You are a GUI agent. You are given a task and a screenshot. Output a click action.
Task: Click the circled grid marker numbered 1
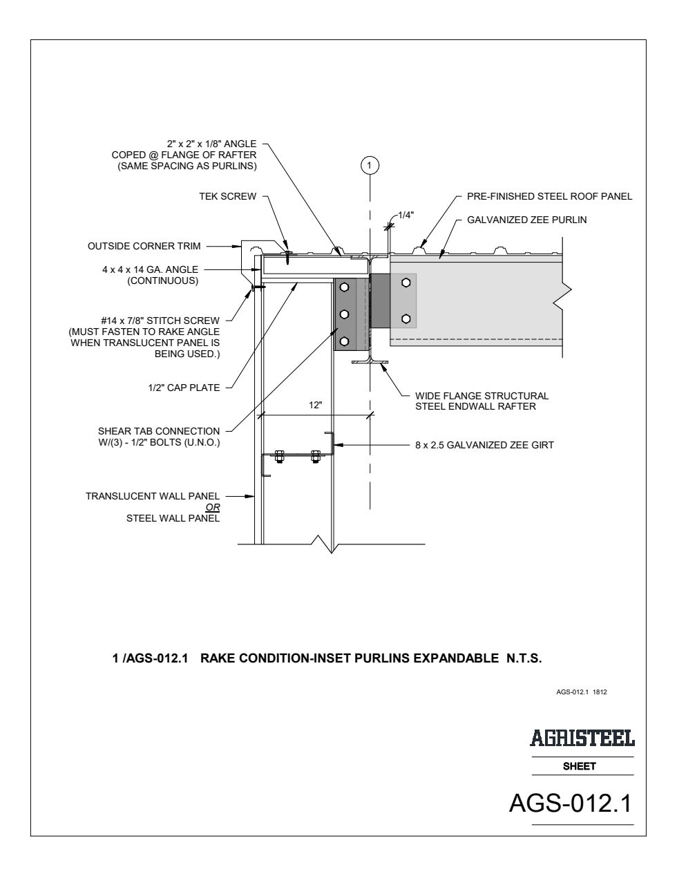click(x=370, y=165)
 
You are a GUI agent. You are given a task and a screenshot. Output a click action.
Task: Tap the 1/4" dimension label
click(x=406, y=215)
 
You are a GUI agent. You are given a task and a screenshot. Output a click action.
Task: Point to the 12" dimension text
click(x=316, y=405)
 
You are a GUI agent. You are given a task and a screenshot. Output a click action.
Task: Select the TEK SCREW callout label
click(x=228, y=196)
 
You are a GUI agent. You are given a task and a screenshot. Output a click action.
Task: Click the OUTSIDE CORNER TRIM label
click(x=144, y=246)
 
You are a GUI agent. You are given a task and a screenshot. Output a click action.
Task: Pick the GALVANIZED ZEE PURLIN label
click(x=526, y=220)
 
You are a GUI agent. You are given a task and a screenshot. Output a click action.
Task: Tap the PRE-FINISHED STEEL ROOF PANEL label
click(x=550, y=196)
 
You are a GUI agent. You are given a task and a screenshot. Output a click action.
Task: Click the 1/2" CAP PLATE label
click(x=184, y=388)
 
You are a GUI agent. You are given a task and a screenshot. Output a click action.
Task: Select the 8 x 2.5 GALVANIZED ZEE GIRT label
click(x=484, y=445)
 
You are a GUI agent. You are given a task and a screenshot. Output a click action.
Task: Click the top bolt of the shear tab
click(x=344, y=287)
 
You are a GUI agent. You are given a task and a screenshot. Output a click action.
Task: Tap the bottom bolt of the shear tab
click(x=344, y=341)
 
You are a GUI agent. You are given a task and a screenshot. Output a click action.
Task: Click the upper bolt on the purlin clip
click(x=406, y=283)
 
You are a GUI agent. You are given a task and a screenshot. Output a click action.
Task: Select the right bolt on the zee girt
click(x=316, y=457)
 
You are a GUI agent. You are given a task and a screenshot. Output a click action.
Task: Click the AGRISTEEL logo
click(x=582, y=738)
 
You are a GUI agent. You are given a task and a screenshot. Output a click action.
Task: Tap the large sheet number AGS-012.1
click(x=570, y=803)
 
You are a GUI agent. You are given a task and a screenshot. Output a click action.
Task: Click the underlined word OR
click(x=213, y=507)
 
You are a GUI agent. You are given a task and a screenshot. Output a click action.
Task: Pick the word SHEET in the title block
click(x=579, y=766)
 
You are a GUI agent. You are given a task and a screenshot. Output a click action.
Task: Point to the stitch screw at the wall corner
click(x=258, y=287)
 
